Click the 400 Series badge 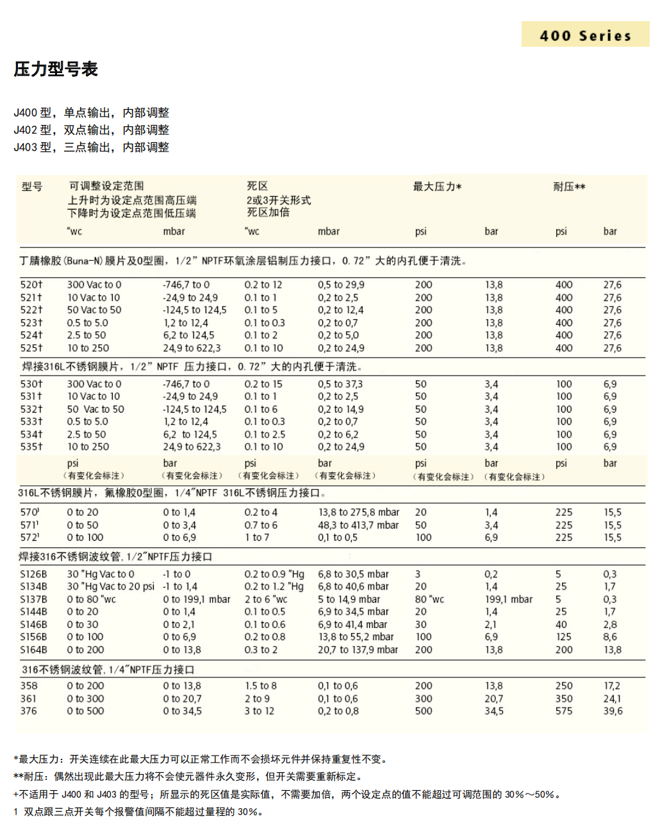pyautogui.click(x=585, y=35)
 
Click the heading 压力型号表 pyautogui.click(x=56, y=69)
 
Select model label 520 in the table pyautogui.click(x=31, y=285)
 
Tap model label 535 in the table pyautogui.click(x=31, y=447)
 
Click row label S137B pyautogui.click(x=33, y=599)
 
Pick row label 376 pyautogui.click(x=28, y=711)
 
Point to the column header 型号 pyautogui.click(x=32, y=186)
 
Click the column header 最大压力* pyautogui.click(x=437, y=186)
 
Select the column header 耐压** pyautogui.click(x=569, y=186)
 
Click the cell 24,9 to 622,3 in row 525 pyautogui.click(x=192, y=348)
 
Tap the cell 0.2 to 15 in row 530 pyautogui.click(x=263, y=384)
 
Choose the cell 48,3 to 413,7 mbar pyautogui.click(x=358, y=525)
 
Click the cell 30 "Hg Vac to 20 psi pyautogui.click(x=110, y=586)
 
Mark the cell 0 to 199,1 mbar pyautogui.click(x=196, y=599)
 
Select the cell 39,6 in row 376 pyautogui.click(x=613, y=711)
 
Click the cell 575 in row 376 pyautogui.click(x=564, y=711)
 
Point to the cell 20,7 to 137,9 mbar pyautogui.click(x=358, y=649)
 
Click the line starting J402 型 pyautogui.click(x=92, y=130)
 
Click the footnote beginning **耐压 pyautogui.click(x=188, y=776)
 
